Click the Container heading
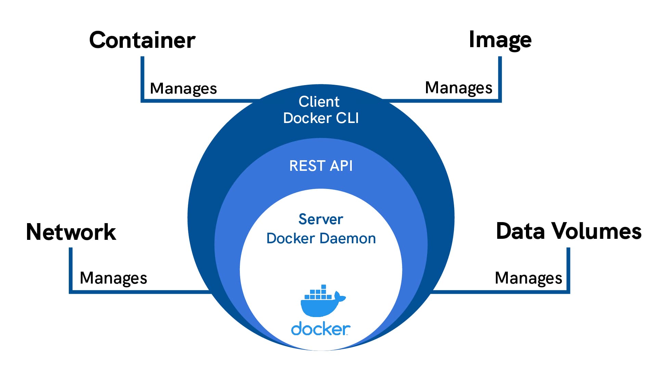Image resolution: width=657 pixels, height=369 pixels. (x=142, y=40)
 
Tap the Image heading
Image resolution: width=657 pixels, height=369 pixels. (x=500, y=40)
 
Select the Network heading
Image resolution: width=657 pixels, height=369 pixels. (x=71, y=232)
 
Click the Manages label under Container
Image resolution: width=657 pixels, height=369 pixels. (x=183, y=88)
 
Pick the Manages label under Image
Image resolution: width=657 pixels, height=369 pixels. (x=459, y=88)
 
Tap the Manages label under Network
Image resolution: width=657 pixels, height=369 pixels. (x=113, y=278)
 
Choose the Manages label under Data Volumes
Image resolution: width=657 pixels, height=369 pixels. (x=528, y=278)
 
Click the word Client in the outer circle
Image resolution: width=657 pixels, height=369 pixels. (x=319, y=102)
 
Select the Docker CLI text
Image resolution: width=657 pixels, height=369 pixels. (x=321, y=118)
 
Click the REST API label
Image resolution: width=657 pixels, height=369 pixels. (x=321, y=166)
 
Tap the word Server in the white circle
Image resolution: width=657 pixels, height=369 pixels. (x=321, y=219)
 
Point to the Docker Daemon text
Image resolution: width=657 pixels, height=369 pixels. (x=321, y=238)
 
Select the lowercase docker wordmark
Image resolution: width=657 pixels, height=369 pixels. (x=321, y=329)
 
